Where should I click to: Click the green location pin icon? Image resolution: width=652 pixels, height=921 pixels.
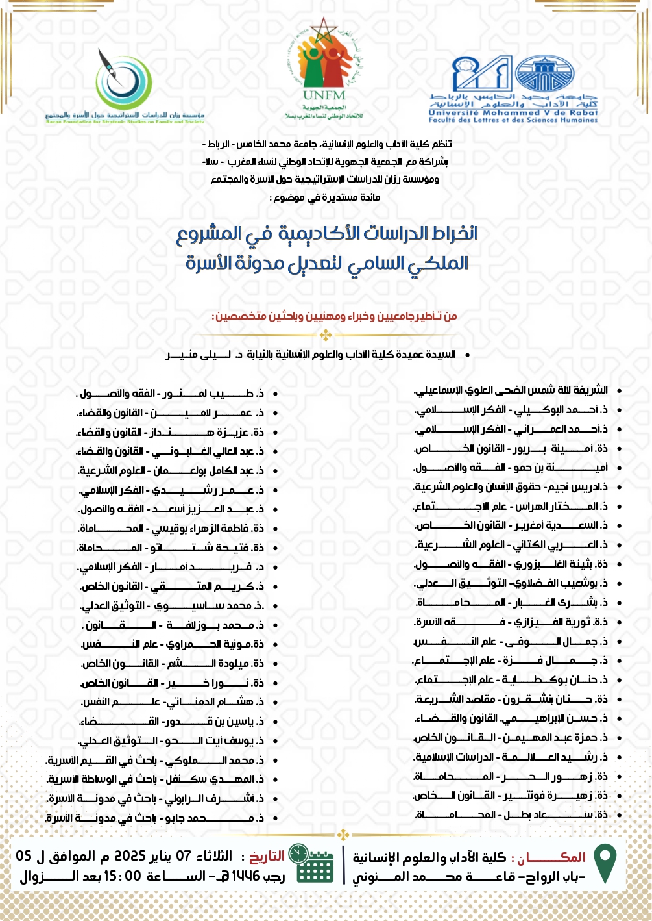605,864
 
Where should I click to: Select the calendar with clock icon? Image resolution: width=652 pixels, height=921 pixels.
309,864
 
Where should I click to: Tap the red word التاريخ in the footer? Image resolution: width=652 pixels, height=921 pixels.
267,857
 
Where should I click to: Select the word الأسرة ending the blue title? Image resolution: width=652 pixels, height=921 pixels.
209,263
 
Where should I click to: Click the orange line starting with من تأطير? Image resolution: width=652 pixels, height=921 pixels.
335,316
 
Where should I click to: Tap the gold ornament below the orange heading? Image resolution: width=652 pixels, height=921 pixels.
326,335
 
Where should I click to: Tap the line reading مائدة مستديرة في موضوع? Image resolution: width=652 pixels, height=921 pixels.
325,197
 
